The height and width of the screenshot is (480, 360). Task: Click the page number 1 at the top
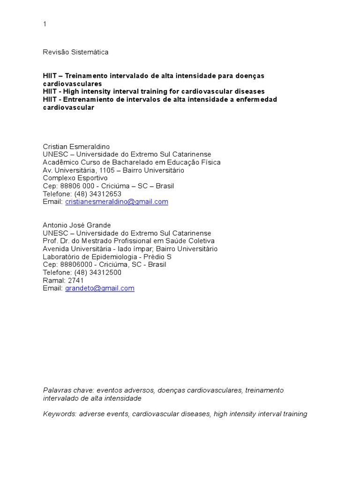[45, 24]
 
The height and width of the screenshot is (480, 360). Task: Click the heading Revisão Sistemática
[75, 52]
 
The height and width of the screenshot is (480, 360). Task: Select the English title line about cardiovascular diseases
[154, 91]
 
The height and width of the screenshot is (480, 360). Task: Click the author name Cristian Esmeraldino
[76, 147]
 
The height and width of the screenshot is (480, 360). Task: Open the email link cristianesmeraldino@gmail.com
[116, 202]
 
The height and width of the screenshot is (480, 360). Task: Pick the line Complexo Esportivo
[75, 178]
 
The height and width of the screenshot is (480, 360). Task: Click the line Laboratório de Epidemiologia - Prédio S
[107, 257]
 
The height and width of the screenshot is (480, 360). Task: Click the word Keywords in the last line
[59, 414]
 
